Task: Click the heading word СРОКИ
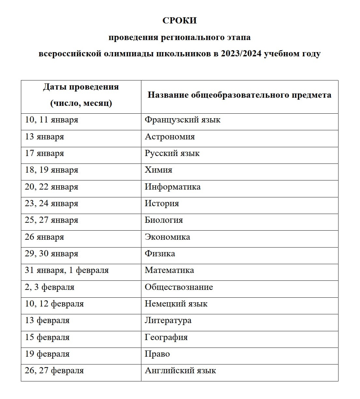(x=180, y=21)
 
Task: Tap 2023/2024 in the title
(x=241, y=53)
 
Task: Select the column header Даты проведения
(x=81, y=87)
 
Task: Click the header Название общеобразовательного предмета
(x=239, y=95)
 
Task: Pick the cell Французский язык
(x=182, y=120)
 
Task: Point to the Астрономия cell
(x=170, y=136)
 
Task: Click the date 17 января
(x=44, y=153)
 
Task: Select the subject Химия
(x=158, y=170)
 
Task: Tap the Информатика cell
(x=173, y=187)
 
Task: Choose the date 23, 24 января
(x=51, y=204)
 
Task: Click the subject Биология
(x=164, y=220)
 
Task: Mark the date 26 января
(x=44, y=237)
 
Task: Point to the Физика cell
(x=160, y=253)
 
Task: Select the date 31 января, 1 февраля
(x=67, y=270)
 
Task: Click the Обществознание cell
(x=179, y=287)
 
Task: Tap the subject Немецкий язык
(x=176, y=304)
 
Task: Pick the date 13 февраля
(x=47, y=321)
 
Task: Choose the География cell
(x=166, y=337)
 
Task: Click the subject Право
(x=157, y=354)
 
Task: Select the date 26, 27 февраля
(x=54, y=371)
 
